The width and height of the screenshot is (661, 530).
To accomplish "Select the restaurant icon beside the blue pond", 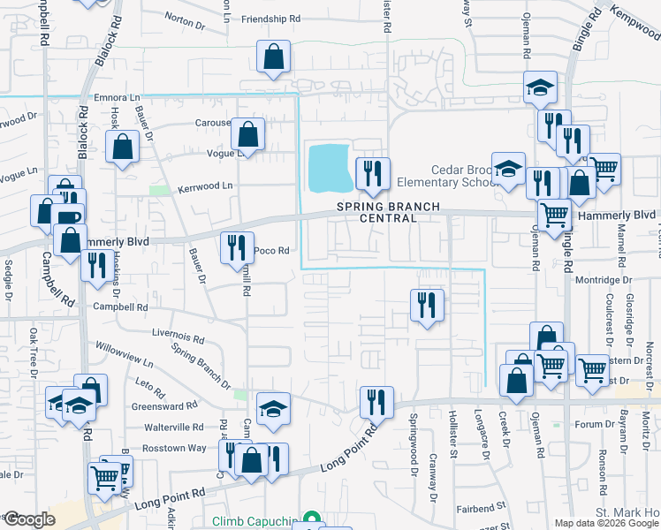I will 372,174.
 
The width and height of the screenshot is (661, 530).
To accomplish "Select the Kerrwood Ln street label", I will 204,186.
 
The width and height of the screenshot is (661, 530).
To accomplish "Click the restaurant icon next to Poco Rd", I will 236,248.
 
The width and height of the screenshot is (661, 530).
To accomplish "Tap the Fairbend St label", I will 479,508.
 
